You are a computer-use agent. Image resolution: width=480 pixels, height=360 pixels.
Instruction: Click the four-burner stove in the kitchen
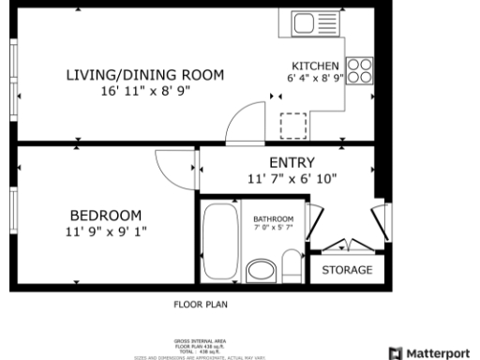(360, 72)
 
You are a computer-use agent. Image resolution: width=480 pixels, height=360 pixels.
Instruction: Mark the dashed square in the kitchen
(294, 125)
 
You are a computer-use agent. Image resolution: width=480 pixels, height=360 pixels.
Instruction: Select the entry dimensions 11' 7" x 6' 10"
(292, 177)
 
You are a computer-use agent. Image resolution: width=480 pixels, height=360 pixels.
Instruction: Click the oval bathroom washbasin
(261, 272)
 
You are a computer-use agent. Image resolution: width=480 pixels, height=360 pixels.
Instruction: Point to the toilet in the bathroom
(292, 267)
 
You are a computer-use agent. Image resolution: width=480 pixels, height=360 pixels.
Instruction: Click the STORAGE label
(347, 270)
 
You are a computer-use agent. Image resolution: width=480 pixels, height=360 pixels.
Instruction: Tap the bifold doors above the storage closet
(347, 246)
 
